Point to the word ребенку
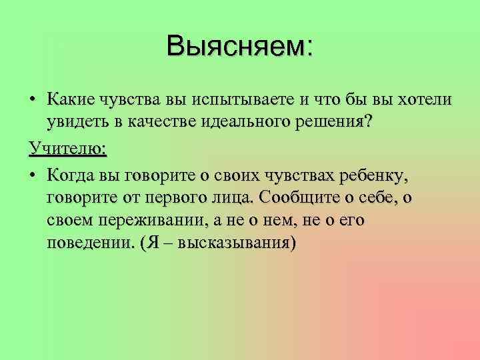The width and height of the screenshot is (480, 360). (x=377, y=175)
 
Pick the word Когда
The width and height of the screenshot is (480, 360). (x=71, y=175)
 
